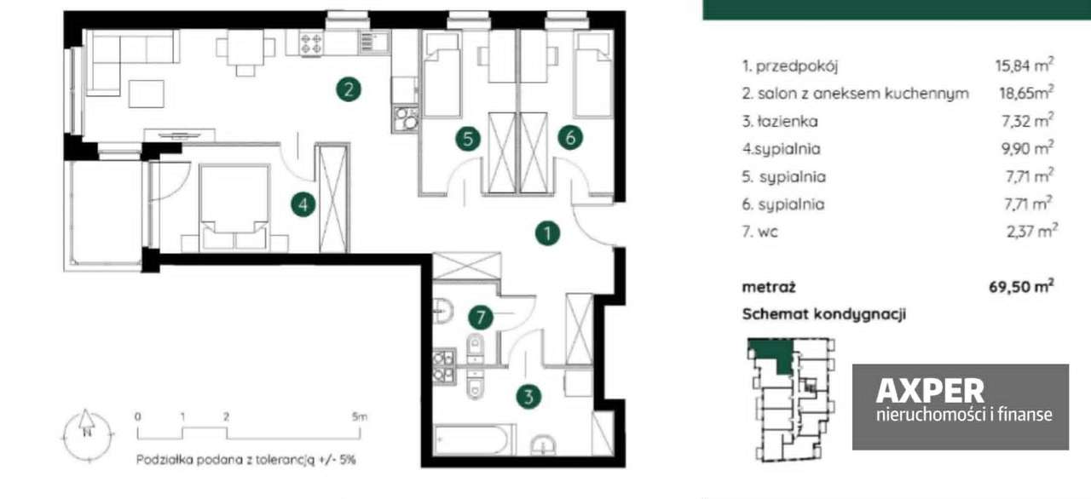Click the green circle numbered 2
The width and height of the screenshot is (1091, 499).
pos(347,89)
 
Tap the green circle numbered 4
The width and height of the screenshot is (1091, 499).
pos(303,204)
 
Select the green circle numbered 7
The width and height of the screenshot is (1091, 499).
pos(482,318)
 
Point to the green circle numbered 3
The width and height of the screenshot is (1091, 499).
pos(529,396)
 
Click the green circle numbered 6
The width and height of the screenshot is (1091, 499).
pos(571,138)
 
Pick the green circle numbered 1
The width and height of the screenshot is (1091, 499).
pos(547,232)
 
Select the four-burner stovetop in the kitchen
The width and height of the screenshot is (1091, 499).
pos(311,43)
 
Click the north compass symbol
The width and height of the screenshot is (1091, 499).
pos(87,427)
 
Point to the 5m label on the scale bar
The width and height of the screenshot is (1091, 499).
pos(360,417)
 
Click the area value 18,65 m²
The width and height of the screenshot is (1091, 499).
pos(1026,93)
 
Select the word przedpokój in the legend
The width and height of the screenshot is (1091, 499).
pos(790,66)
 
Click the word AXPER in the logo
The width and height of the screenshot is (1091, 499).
pos(930,391)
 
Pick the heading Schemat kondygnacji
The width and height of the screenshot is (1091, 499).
pos(823,314)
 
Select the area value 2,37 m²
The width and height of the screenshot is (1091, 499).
pos(1029,232)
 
